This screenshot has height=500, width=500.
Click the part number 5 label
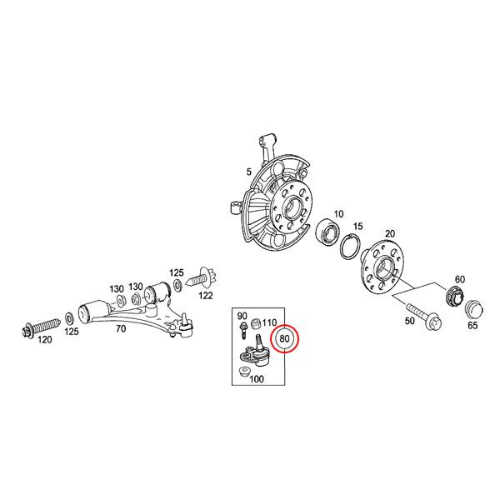[x=247, y=172]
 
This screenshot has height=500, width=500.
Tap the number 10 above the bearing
[x=338, y=213]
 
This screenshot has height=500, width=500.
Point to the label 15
[x=358, y=226]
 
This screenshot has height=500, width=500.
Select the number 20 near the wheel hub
[x=389, y=234]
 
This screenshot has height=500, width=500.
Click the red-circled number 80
[x=284, y=339]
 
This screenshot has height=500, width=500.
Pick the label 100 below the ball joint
[x=257, y=379]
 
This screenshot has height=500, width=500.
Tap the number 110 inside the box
[x=270, y=322]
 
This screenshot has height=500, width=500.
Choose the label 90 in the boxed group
[x=242, y=316]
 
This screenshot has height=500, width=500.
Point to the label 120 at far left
[x=45, y=340]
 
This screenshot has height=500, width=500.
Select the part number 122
[x=206, y=296]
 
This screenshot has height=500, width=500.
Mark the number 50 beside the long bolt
[x=409, y=321]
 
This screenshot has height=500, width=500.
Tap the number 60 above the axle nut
[x=460, y=279]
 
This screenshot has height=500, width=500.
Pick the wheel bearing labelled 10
[x=331, y=232]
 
